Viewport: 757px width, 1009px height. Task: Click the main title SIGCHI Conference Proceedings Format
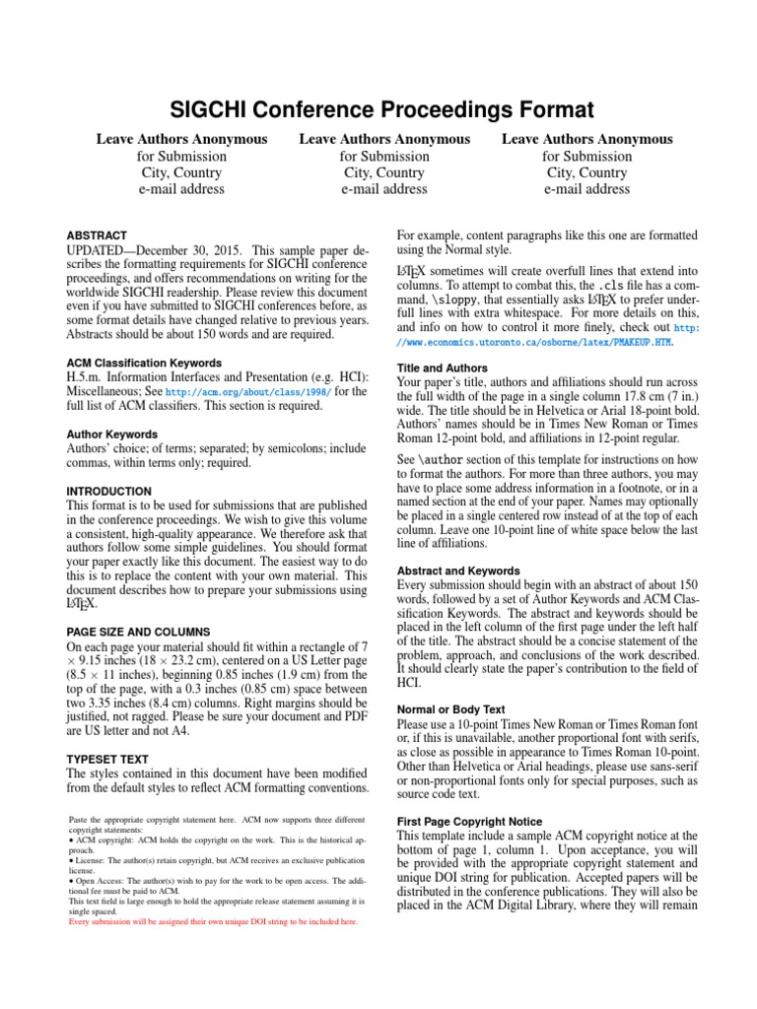click(378, 109)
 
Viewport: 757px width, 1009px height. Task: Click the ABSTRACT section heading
click(97, 235)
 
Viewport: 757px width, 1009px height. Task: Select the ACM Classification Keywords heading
click(143, 363)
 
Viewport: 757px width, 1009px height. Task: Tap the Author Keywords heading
click(111, 434)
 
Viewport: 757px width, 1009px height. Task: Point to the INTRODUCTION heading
click(108, 491)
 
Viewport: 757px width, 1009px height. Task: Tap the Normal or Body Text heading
click(450, 708)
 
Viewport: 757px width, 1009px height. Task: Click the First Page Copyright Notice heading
click(469, 821)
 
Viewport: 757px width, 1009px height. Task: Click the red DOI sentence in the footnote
click(212, 922)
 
